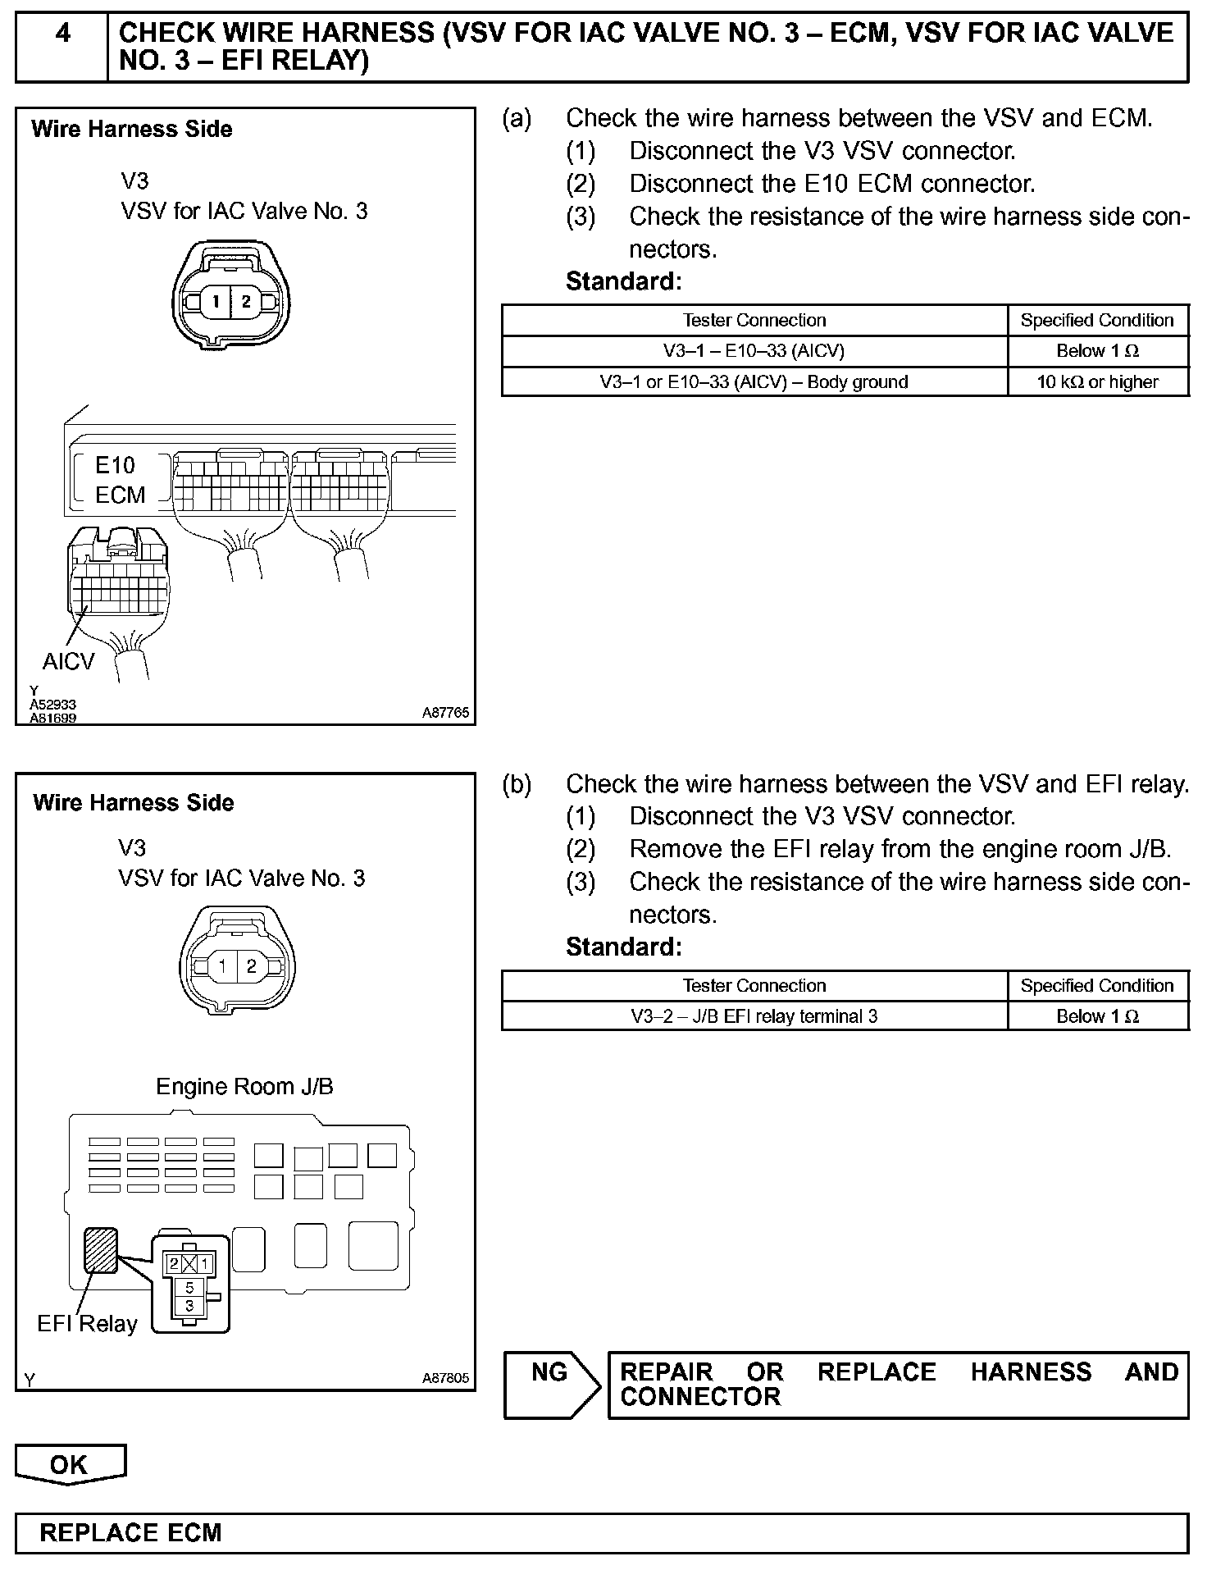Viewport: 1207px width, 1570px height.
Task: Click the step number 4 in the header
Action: pos(62,34)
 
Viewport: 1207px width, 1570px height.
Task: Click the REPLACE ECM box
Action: pos(601,1533)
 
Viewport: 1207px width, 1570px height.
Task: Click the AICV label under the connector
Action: pos(69,661)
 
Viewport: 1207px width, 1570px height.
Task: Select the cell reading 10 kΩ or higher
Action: pos(1097,381)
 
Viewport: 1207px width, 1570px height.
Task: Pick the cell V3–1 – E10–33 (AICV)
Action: pos(754,351)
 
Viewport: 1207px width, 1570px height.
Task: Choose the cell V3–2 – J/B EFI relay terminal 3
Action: pos(754,1016)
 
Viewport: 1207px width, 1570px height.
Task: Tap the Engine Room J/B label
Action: pos(244,1087)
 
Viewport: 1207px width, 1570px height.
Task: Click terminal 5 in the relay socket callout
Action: pos(189,1288)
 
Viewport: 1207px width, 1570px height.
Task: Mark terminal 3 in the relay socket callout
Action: pos(189,1305)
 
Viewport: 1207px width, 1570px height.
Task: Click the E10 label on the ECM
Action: pos(115,465)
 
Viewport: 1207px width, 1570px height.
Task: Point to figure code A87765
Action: pos(445,713)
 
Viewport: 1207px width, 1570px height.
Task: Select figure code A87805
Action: pos(445,1379)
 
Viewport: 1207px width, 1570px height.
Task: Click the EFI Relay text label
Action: pos(87,1324)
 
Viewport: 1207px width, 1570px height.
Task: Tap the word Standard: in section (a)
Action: pos(623,281)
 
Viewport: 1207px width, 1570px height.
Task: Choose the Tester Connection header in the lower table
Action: pos(754,985)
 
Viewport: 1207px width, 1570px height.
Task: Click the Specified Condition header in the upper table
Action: pos(1097,320)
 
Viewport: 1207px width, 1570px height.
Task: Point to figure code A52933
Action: pos(53,705)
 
